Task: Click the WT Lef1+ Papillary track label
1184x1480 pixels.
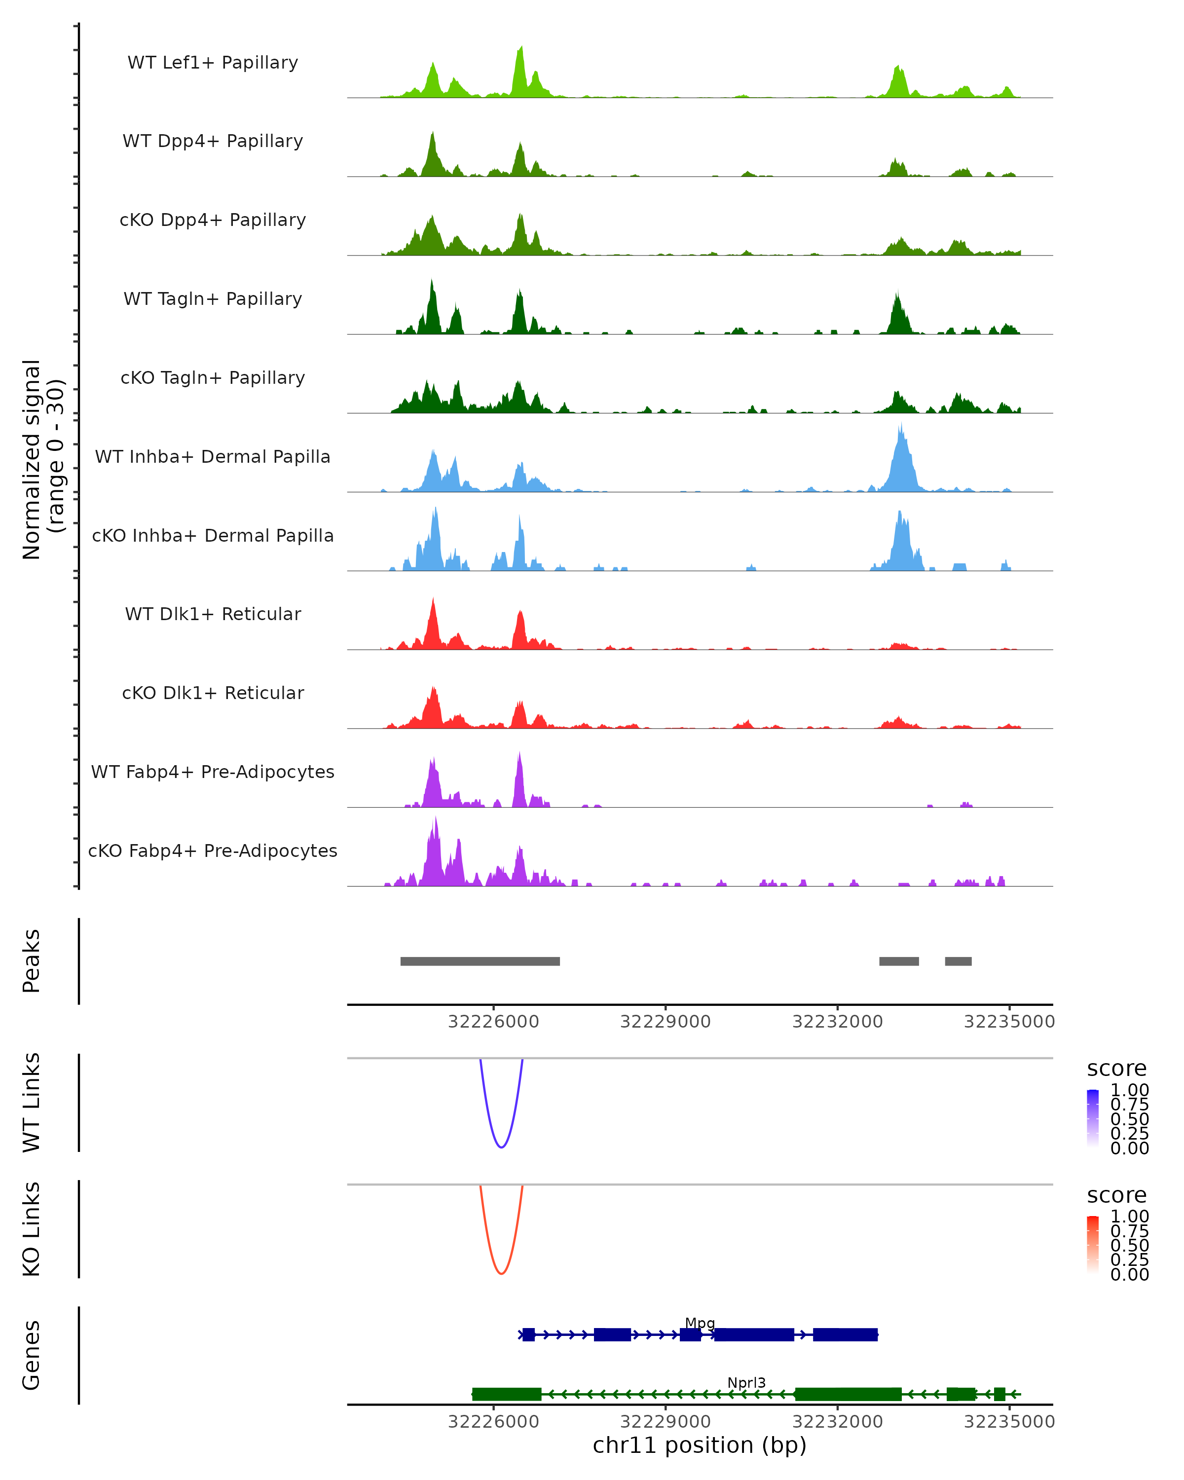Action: [x=213, y=63]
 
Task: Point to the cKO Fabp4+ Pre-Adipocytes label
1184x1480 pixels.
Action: [x=213, y=851]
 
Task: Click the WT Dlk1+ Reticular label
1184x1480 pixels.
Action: [x=213, y=614]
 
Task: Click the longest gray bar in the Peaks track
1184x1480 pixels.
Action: [x=480, y=961]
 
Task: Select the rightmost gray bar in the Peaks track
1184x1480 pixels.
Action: [x=958, y=961]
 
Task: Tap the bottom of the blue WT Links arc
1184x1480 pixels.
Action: [x=502, y=1147]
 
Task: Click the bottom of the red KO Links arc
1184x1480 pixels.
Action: [x=502, y=1273]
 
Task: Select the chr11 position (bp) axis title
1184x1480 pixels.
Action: [x=700, y=1445]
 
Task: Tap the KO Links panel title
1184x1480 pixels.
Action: [x=32, y=1229]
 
